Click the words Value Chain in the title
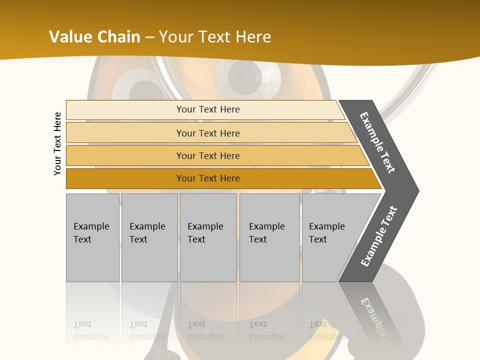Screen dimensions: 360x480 [x=94, y=37]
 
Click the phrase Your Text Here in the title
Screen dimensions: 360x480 [x=215, y=37]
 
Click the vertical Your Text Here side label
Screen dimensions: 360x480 [x=57, y=143]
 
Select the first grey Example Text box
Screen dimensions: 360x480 [x=92, y=237]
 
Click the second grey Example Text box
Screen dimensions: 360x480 [x=149, y=237]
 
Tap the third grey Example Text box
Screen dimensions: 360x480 [x=208, y=237]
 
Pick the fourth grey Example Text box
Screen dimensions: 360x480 [x=269, y=237]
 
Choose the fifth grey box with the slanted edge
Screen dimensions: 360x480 [x=330, y=237]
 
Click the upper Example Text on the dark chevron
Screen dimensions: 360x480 [x=378, y=142]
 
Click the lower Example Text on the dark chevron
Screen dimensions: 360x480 [x=379, y=236]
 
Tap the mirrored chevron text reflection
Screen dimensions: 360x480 [x=375, y=320]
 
